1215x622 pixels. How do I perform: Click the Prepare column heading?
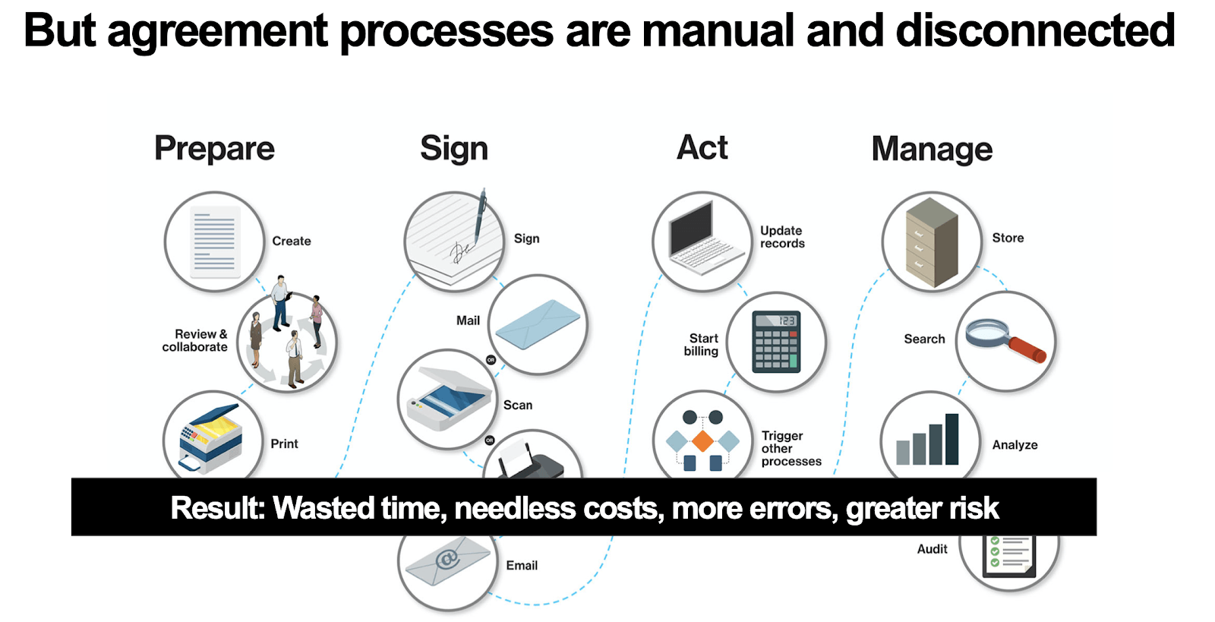click(214, 149)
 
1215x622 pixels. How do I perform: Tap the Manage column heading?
click(932, 149)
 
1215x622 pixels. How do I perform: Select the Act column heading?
click(702, 147)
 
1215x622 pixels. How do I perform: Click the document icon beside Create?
click(215, 242)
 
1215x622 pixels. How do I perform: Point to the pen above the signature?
click(479, 215)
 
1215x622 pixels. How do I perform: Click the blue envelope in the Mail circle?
click(538, 324)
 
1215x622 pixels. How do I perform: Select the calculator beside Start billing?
click(776, 342)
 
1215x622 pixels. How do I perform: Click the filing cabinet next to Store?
click(932, 242)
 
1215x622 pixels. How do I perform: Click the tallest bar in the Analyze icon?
click(952, 439)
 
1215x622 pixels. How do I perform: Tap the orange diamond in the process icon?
click(702, 441)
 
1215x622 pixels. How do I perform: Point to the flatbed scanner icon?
click(448, 399)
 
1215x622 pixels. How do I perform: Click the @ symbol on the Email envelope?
click(448, 558)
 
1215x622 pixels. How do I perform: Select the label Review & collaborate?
click(195, 340)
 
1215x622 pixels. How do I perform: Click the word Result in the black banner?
click(218, 508)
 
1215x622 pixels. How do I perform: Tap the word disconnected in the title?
click(1035, 31)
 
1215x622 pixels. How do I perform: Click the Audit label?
click(932, 549)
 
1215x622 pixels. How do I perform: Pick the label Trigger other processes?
click(791, 449)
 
